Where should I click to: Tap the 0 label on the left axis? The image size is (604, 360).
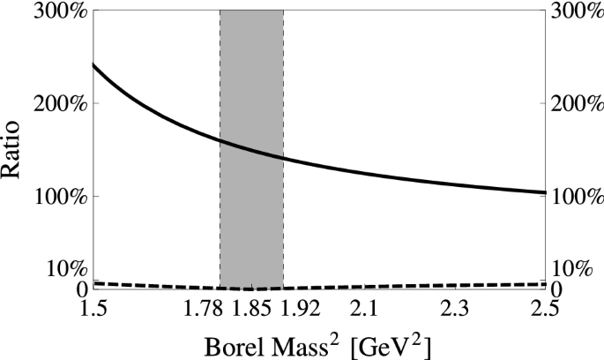tap(81, 289)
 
